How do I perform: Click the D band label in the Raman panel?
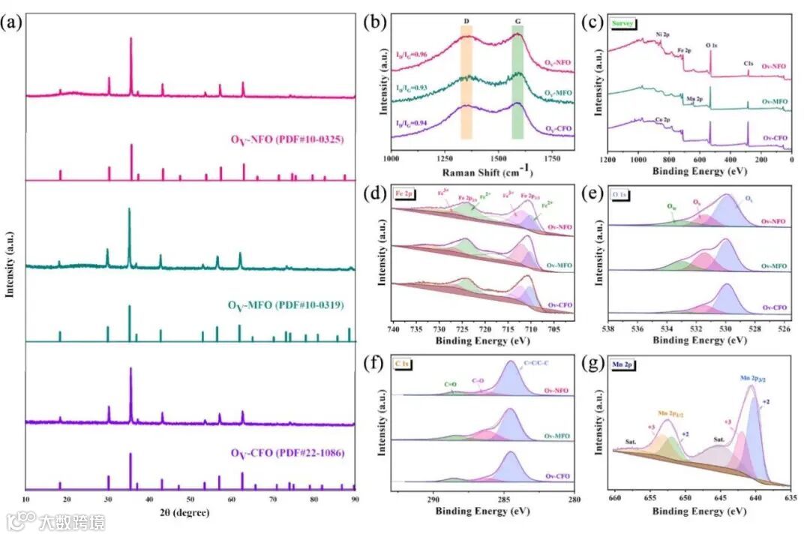tap(466, 22)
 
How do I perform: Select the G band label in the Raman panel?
tap(517, 22)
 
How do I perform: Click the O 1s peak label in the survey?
tap(713, 46)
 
